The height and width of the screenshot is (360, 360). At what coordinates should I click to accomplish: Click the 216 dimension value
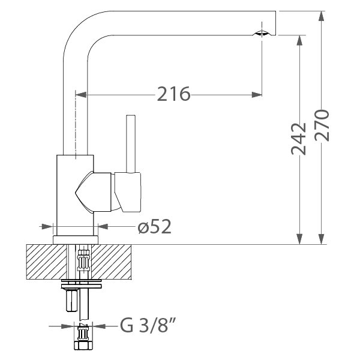(173, 94)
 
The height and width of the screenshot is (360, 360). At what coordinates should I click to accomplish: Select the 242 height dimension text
(299, 139)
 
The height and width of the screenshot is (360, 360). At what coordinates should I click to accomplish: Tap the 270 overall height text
(322, 125)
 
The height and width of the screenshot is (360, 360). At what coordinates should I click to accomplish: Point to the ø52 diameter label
(155, 227)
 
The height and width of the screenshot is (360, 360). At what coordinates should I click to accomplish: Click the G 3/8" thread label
(148, 325)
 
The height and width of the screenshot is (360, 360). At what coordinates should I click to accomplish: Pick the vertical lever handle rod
(131, 144)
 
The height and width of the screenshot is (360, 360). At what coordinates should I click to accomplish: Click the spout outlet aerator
(262, 33)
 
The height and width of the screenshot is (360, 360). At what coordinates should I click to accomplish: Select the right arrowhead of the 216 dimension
(257, 95)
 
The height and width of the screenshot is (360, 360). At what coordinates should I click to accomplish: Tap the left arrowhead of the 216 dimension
(81, 95)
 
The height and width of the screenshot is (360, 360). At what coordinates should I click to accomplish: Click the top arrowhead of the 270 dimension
(322, 16)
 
